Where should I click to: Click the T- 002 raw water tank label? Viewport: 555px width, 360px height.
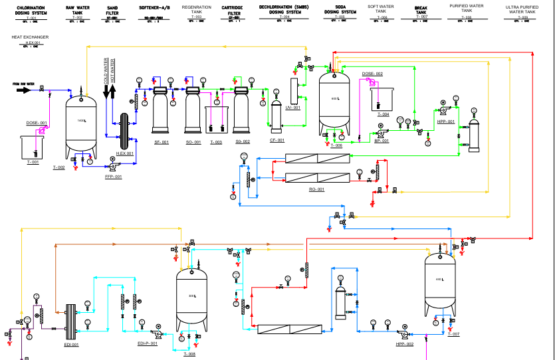[58, 167]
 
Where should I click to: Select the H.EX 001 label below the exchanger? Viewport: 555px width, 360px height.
[125, 153]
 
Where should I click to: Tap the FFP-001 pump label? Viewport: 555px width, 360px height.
[114, 177]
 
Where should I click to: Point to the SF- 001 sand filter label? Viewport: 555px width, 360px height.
[162, 141]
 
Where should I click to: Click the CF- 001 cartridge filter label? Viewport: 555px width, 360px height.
[277, 140]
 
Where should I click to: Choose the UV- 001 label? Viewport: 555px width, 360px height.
[293, 107]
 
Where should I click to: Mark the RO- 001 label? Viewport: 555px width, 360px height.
[316, 189]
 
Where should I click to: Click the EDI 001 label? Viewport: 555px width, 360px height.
[71, 344]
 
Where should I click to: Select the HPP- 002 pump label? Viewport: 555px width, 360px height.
[405, 344]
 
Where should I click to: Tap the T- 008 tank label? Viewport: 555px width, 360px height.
[189, 354]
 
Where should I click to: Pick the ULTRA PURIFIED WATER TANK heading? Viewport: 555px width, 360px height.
[520, 9]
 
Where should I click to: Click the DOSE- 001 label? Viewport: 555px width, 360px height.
[37, 123]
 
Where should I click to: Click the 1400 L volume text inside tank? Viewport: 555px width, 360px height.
[82, 120]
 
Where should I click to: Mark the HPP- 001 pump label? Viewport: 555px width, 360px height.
[446, 122]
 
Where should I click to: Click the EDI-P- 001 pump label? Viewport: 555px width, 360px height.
[147, 343]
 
